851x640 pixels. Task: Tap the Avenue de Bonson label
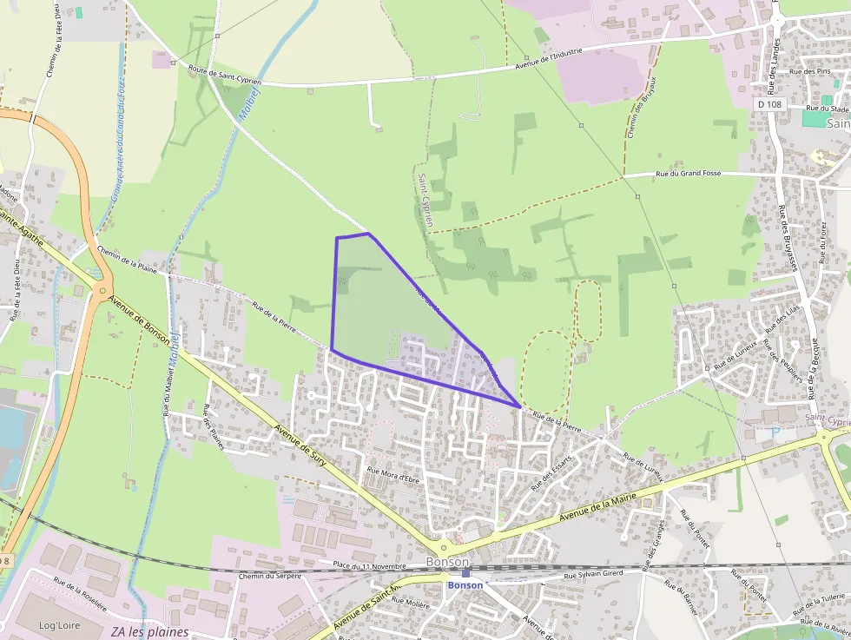(x=139, y=319)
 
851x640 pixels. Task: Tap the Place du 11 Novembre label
(x=369, y=566)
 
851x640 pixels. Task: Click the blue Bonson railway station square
(x=465, y=573)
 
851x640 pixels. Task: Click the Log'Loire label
(x=59, y=625)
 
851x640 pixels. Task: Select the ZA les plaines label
(x=149, y=632)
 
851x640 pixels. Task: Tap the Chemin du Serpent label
(x=269, y=576)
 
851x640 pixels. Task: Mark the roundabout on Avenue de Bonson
(x=103, y=292)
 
